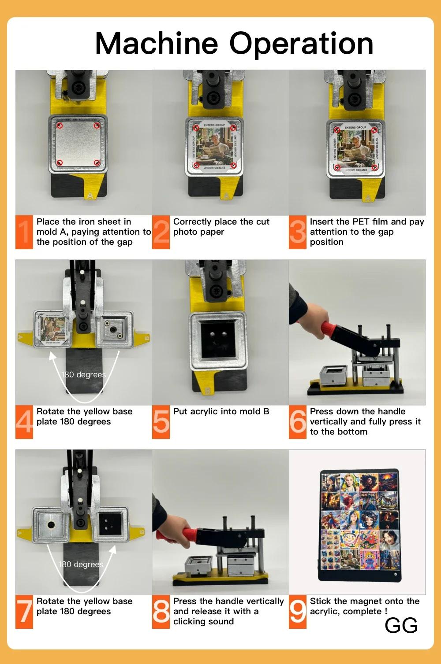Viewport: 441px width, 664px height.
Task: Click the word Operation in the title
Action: pyautogui.click(x=301, y=44)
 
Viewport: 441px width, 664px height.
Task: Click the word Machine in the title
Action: pyautogui.click(x=157, y=44)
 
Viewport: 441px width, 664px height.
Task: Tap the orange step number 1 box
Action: pyautogui.click(x=24, y=232)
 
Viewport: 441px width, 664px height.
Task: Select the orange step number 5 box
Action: pyautogui.click(x=161, y=422)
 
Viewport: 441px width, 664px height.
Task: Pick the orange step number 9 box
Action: pyautogui.click(x=298, y=612)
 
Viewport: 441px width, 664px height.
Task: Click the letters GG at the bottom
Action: pyautogui.click(x=401, y=625)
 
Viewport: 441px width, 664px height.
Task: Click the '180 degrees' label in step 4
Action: pyautogui.click(x=84, y=375)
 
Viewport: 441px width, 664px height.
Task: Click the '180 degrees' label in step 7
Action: pyautogui.click(x=81, y=564)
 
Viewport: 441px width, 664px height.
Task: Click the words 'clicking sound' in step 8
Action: pyautogui.click(x=203, y=621)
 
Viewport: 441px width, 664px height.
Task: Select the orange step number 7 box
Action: pyautogui.click(x=24, y=612)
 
